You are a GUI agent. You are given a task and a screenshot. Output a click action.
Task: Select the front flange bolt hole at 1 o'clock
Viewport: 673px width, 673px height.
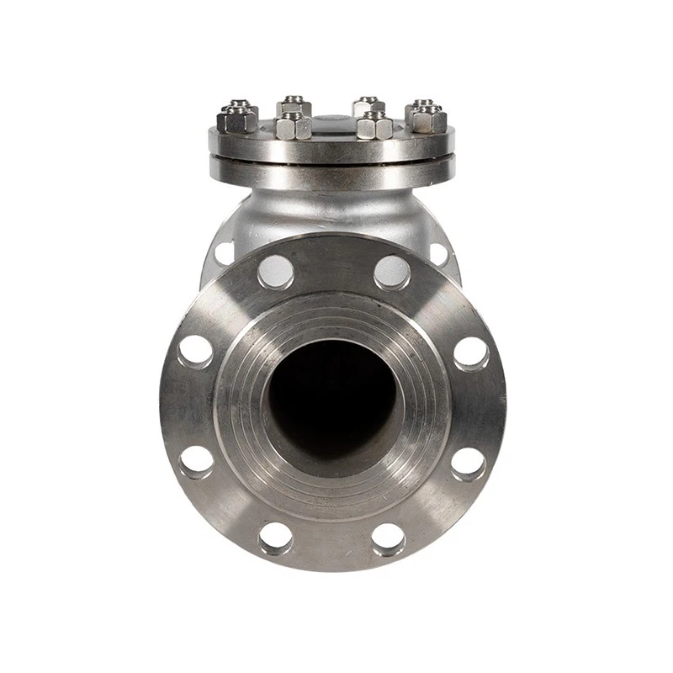(x=392, y=271)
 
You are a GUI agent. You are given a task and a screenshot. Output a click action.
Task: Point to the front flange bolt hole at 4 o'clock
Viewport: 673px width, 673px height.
(x=469, y=463)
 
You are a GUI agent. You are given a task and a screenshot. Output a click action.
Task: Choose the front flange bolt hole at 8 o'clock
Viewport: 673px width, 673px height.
(x=197, y=462)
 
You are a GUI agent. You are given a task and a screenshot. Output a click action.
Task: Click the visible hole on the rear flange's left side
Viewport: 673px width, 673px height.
(x=223, y=251)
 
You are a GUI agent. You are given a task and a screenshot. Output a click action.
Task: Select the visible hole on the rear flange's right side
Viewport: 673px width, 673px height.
(x=439, y=250)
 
